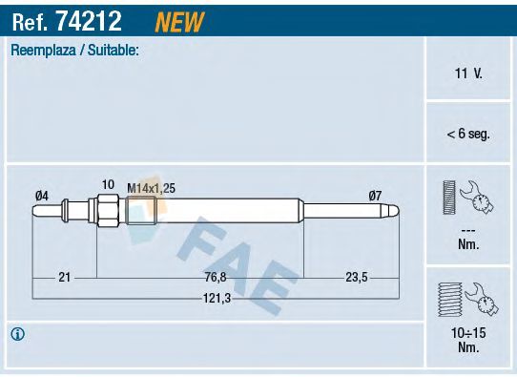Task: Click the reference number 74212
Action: coord(89,21)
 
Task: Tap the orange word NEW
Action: coord(179,22)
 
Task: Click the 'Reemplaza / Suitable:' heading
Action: coord(74,51)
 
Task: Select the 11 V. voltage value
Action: coord(468,73)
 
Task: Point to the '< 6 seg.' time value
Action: coord(468,134)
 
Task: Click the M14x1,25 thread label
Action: coord(151,188)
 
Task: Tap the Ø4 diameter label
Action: coord(42,196)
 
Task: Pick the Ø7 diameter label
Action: coord(375,196)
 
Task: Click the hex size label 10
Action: coord(108,184)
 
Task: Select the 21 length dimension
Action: coord(64,277)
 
